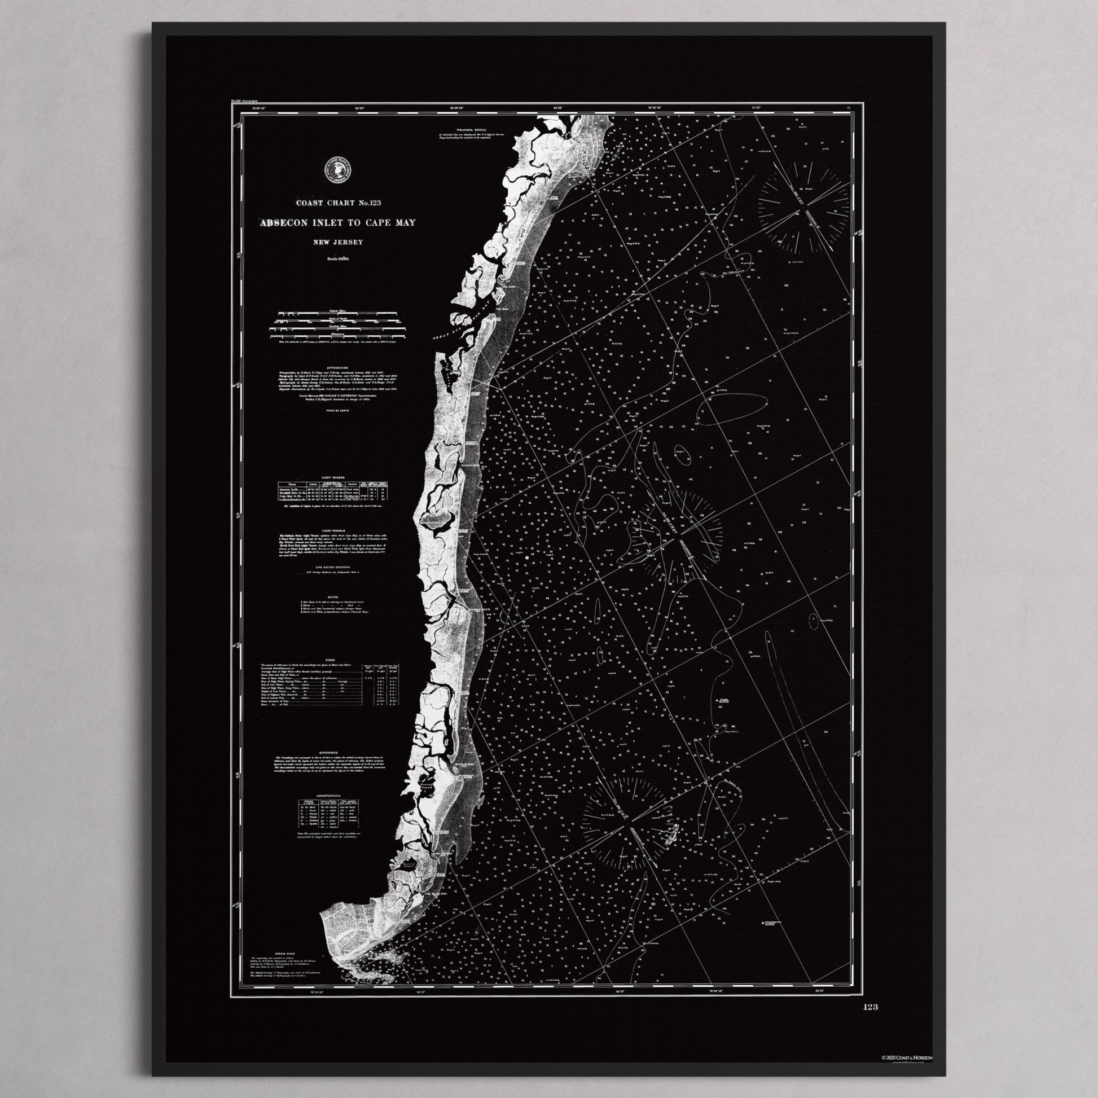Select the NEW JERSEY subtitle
pos(337,243)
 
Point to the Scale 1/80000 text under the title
pos(337,259)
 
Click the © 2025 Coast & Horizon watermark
pos(907,1057)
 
